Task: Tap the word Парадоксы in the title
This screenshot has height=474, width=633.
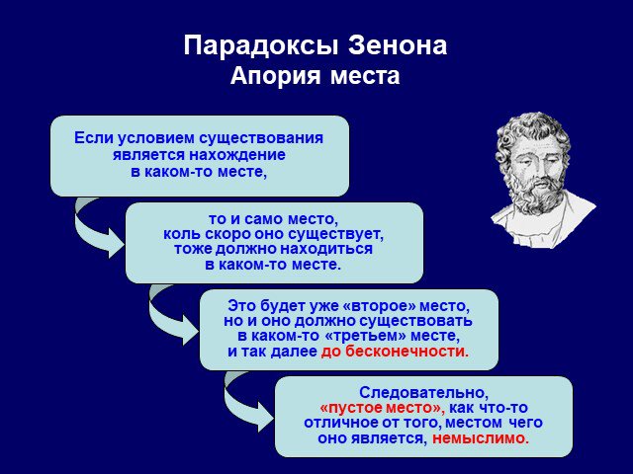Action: [x=260, y=46]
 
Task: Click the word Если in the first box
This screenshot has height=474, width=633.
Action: [x=93, y=138]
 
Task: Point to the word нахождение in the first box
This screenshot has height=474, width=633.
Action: [x=237, y=155]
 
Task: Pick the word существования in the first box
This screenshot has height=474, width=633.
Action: [x=261, y=139]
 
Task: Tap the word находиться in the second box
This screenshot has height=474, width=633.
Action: [x=326, y=249]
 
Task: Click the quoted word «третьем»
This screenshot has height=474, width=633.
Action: [x=360, y=336]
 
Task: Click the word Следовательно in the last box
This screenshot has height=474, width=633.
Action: [x=424, y=393]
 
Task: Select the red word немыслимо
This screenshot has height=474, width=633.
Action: [x=481, y=437]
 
